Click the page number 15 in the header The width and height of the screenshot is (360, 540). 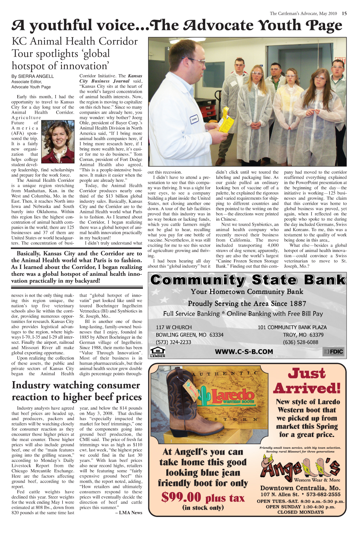click(x=344, y=13)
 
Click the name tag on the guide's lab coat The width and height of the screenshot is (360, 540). click(x=194, y=119)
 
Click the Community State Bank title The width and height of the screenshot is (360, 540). click(x=248, y=280)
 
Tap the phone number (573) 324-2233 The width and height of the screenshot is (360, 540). click(x=173, y=342)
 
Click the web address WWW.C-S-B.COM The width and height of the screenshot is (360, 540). click(x=244, y=352)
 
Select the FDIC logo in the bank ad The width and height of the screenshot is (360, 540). click(x=333, y=352)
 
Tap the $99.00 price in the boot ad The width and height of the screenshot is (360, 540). click(x=181, y=497)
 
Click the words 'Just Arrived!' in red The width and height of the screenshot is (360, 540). click(x=307, y=381)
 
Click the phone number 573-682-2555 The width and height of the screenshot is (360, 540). click(x=321, y=495)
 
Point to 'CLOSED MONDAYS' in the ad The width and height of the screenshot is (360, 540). click(x=300, y=512)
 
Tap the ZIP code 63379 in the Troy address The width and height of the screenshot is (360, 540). click(x=316, y=335)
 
